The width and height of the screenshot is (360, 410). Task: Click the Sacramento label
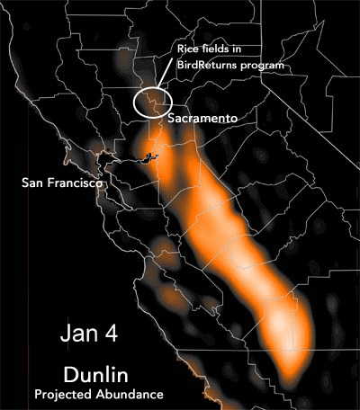[205, 118]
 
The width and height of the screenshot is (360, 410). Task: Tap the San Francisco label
[61, 183]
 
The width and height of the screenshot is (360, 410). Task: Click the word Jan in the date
[78, 334]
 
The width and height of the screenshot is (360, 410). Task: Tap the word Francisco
[75, 183]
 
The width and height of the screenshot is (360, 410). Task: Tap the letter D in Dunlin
[69, 373]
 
